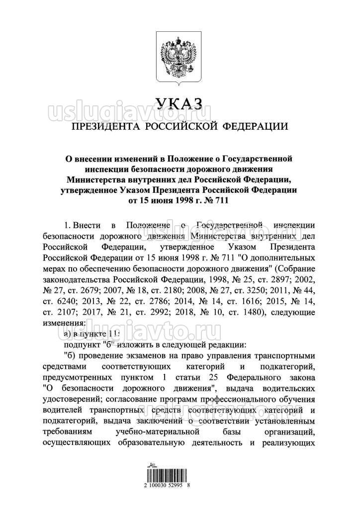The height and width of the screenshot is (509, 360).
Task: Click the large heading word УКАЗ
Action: click(x=180, y=103)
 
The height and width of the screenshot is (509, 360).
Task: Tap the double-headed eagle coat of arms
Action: click(x=180, y=57)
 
